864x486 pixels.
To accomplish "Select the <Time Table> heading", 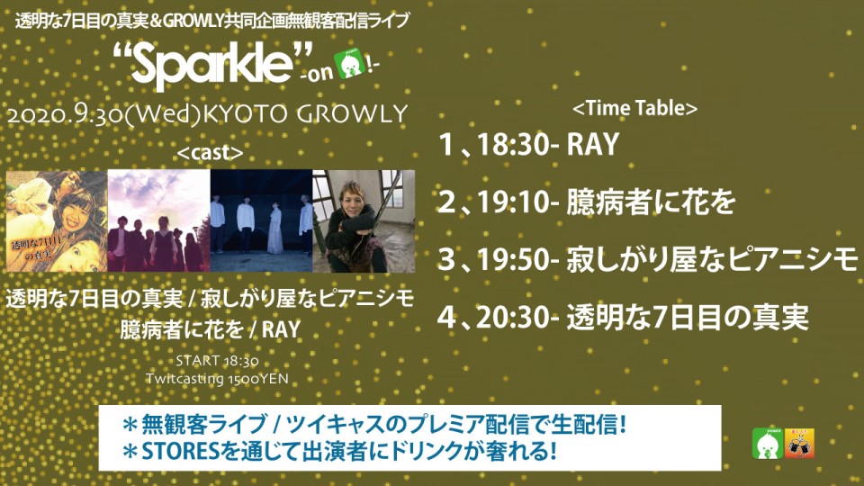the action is click(634, 108).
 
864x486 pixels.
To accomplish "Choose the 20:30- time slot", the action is click(518, 318).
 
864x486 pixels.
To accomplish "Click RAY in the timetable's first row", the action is click(593, 144).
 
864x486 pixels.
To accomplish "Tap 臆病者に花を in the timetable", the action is click(651, 202).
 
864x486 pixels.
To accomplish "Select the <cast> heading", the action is click(210, 153).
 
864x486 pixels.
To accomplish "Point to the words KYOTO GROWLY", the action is click(305, 114).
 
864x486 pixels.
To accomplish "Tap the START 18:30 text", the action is click(217, 362).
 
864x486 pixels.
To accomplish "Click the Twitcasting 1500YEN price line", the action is click(217, 379).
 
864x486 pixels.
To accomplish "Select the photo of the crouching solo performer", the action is click(364, 221).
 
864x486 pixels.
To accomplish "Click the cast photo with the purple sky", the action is click(158, 221).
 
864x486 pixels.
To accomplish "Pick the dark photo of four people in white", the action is click(261, 221).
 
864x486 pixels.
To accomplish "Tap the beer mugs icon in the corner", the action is click(800, 444).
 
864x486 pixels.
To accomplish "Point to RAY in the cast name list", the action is click(281, 329).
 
